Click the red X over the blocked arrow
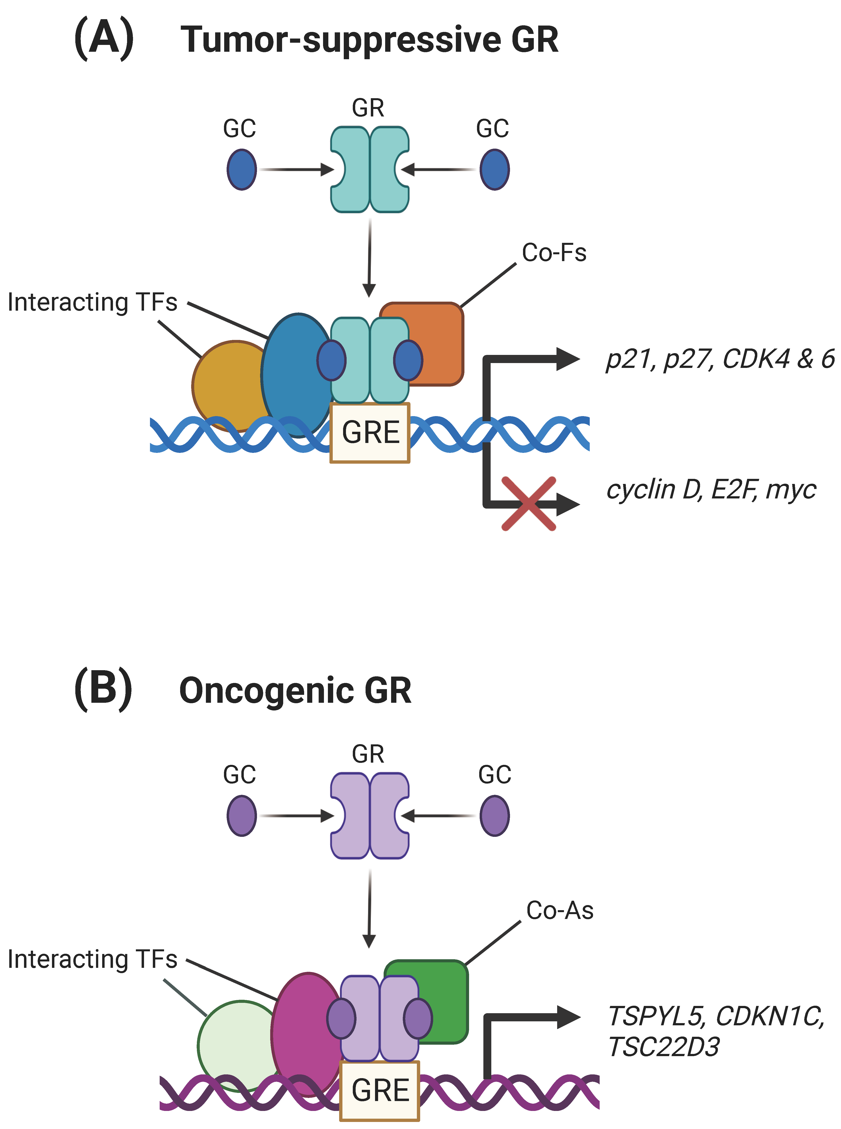pyautogui.click(x=529, y=504)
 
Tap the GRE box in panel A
pyautogui.click(x=370, y=433)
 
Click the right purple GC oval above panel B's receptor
pyautogui.click(x=494, y=816)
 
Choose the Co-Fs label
pyautogui.click(x=554, y=253)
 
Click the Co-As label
pyautogui.click(x=560, y=911)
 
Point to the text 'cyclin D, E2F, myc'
pyautogui.click(x=711, y=490)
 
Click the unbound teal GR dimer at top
pyautogui.click(x=370, y=170)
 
